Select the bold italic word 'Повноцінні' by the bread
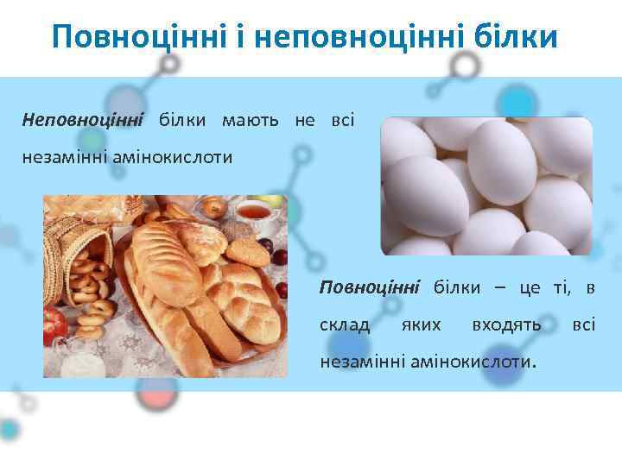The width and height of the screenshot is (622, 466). point(370,287)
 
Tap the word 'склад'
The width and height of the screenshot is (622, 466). point(345,324)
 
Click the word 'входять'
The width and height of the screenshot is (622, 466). point(507,324)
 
